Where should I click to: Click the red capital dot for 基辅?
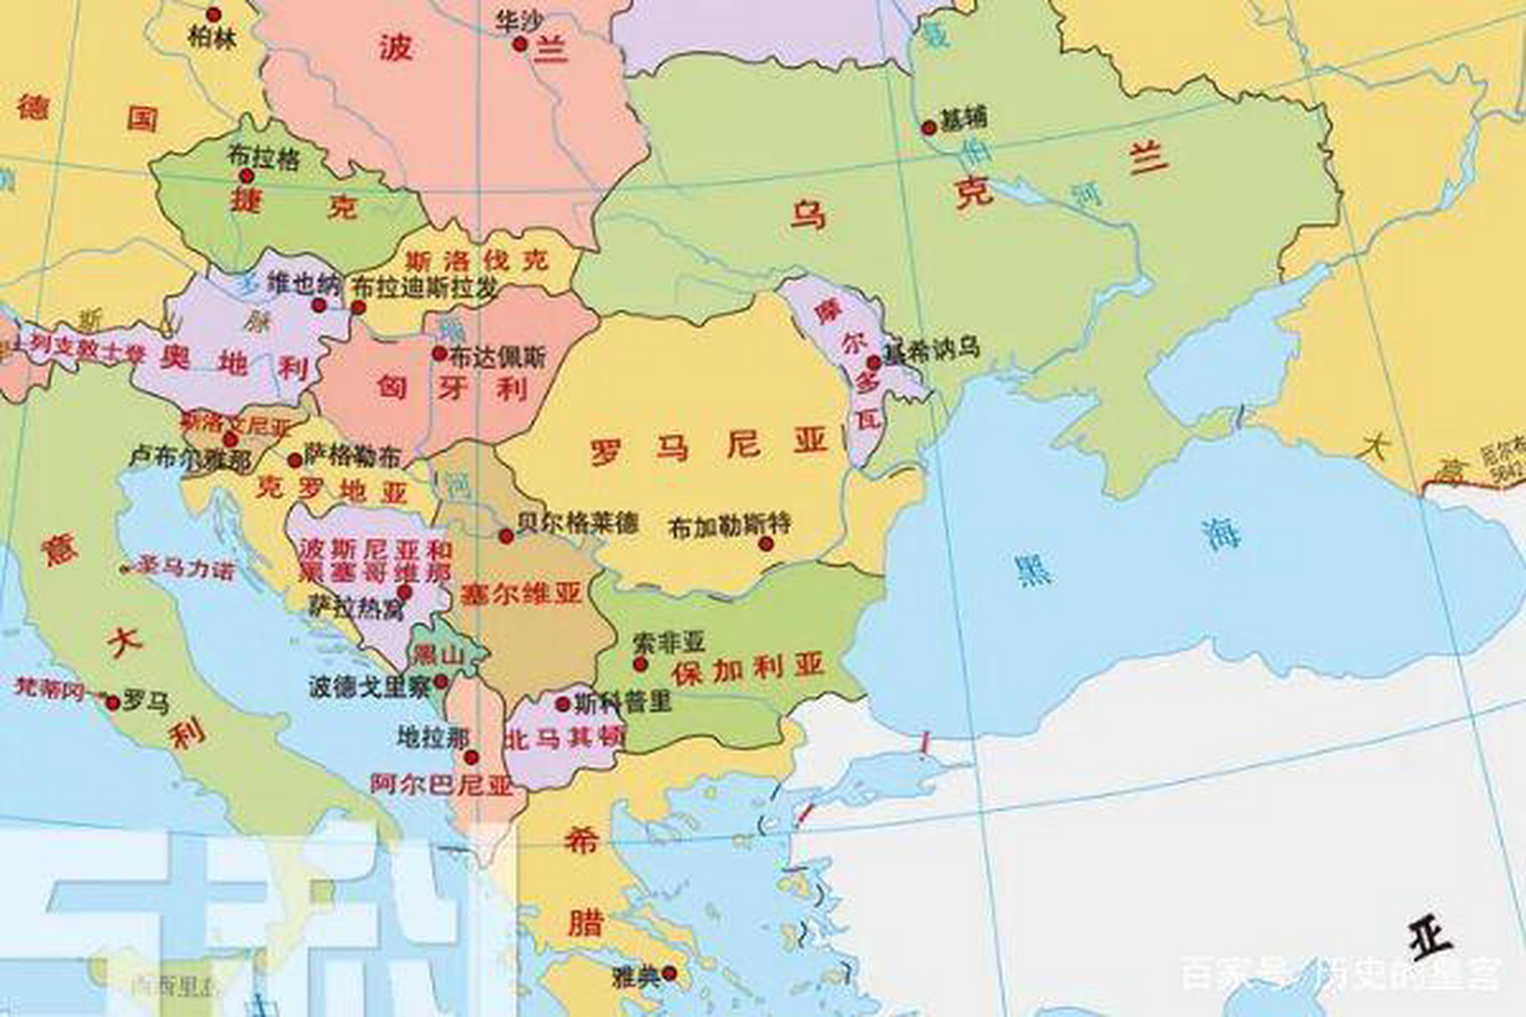click(x=928, y=128)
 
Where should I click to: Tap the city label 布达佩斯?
click(x=498, y=358)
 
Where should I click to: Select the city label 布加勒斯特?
click(x=730, y=525)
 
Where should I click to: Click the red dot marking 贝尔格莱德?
click(x=506, y=536)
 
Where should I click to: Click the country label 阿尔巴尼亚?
click(x=441, y=785)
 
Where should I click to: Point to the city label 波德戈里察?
click(x=370, y=686)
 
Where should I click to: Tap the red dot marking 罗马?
click(x=113, y=702)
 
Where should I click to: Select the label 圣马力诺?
click(x=186, y=568)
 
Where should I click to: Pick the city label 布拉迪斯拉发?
click(x=425, y=287)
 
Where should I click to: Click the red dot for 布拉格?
click(x=247, y=176)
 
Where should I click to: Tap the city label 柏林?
click(x=212, y=37)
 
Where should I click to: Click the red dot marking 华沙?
click(x=520, y=44)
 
